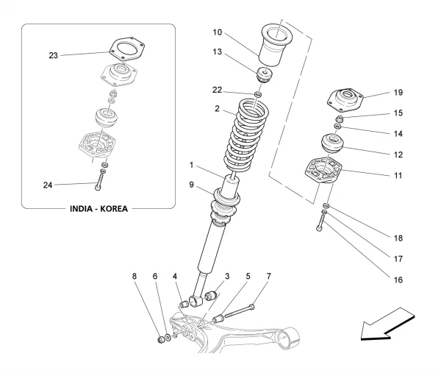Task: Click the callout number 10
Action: [x=218, y=32]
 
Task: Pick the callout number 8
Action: [x=135, y=277]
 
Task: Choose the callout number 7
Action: [x=268, y=277]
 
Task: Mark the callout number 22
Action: [x=218, y=90]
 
